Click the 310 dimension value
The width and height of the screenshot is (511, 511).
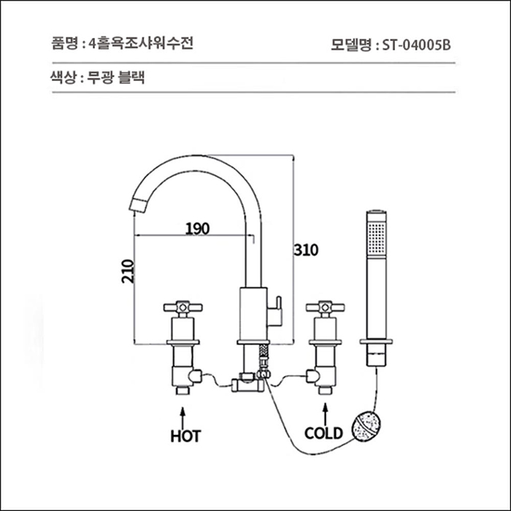tap(307, 250)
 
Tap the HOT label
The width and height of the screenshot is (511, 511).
tap(185, 436)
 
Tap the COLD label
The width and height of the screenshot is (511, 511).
tap(323, 433)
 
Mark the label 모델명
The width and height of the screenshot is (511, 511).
tap(350, 43)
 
